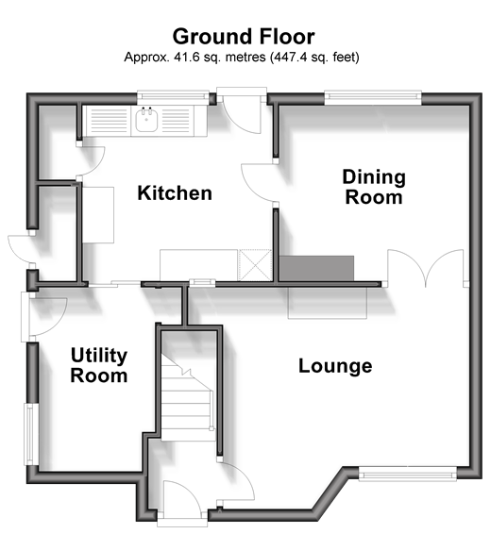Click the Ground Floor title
[x=244, y=37]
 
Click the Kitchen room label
[x=175, y=193]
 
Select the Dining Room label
[x=374, y=187]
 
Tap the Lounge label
[x=335, y=366]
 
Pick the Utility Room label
[x=99, y=365]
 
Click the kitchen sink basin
[x=147, y=120]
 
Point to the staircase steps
[x=187, y=398]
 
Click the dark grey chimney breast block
[x=316, y=269]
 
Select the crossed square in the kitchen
[x=255, y=265]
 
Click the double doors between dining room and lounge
[x=426, y=268]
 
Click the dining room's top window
[x=373, y=97]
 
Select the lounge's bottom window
[x=408, y=474]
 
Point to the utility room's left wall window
[x=30, y=434]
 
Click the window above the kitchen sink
[x=173, y=97]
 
